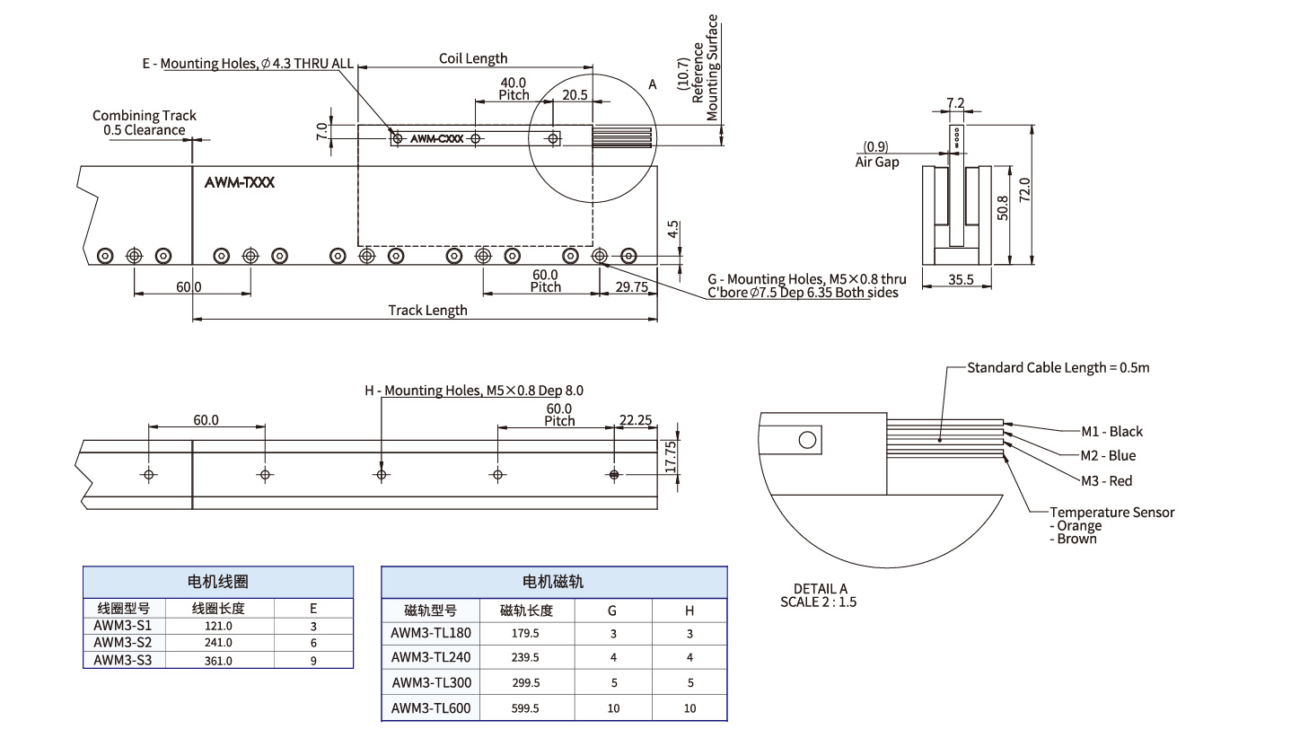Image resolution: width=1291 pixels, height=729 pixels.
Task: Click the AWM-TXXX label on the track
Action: pyautogui.click(x=239, y=182)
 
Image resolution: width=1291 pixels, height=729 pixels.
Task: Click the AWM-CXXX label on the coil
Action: pyautogui.click(x=437, y=139)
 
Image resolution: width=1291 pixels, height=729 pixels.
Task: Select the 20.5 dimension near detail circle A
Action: pyautogui.click(x=575, y=94)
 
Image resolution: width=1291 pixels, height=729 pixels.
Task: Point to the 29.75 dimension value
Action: pyautogui.click(x=632, y=286)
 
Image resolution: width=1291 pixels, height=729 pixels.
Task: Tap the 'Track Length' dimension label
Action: pyautogui.click(x=427, y=311)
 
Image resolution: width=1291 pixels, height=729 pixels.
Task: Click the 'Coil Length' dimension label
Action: pyautogui.click(x=473, y=58)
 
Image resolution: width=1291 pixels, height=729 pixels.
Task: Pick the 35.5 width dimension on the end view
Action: pyautogui.click(x=961, y=279)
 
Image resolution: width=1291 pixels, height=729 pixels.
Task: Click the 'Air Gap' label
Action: pyautogui.click(x=877, y=162)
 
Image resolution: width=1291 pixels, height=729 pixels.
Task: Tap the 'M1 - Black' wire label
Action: pyautogui.click(x=1111, y=431)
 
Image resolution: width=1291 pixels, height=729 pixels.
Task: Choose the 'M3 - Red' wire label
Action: pyautogui.click(x=1106, y=481)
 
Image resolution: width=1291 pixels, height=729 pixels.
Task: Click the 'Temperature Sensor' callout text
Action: pyautogui.click(x=1111, y=513)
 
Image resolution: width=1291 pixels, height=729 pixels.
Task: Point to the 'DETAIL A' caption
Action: pyautogui.click(x=820, y=588)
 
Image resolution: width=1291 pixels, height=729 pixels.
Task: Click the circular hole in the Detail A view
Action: pyautogui.click(x=807, y=440)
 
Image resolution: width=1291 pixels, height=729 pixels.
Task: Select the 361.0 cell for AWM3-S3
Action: pyautogui.click(x=218, y=661)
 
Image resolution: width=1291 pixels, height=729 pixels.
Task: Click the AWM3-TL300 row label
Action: pyautogui.click(x=431, y=682)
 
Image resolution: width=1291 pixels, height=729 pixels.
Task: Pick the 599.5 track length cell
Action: pyautogui.click(x=525, y=708)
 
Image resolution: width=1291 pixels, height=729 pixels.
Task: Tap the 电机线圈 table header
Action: pyautogui.click(x=218, y=582)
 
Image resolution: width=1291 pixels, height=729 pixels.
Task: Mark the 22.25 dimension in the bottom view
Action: pyautogui.click(x=636, y=420)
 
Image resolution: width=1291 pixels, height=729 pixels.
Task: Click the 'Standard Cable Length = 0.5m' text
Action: pyautogui.click(x=1058, y=368)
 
